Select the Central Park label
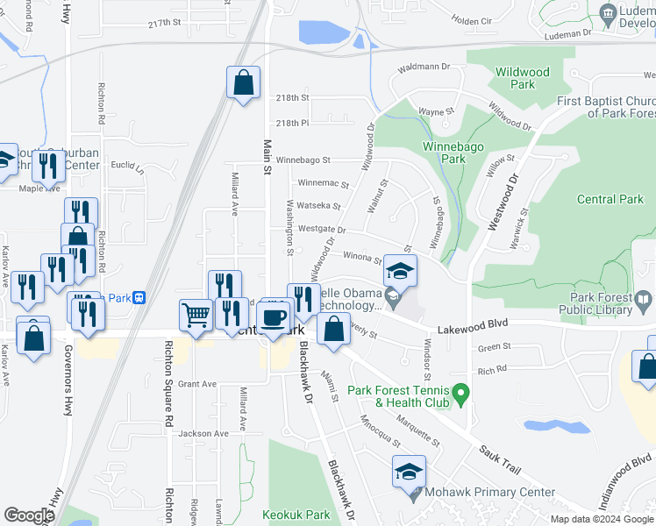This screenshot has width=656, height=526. (610, 199)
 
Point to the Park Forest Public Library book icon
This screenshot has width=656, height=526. (644, 301)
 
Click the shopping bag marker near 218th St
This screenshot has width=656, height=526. (244, 84)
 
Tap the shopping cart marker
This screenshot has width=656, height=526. (196, 315)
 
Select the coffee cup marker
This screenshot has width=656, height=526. (275, 317)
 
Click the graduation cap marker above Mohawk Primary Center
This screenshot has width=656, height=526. (409, 472)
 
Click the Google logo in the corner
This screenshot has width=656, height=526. (29, 515)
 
